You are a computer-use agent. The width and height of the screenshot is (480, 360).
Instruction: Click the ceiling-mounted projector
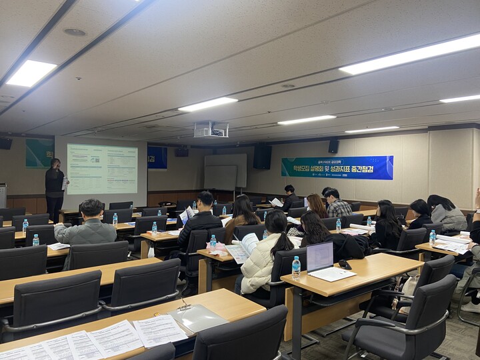coord(211,129)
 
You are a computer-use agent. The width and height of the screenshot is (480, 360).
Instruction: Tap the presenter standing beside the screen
coord(55,188)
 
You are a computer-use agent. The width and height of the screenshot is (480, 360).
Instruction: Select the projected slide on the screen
coord(101,169)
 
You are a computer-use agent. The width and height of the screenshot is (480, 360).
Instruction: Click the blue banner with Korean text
coord(337,167)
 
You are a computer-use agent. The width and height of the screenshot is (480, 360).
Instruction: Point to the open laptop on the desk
coord(320,257)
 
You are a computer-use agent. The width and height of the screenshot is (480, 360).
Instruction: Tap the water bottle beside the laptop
coord(296,267)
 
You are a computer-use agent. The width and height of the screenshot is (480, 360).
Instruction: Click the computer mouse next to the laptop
coord(345,264)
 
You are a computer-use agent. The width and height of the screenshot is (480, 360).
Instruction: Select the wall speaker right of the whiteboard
coord(262,157)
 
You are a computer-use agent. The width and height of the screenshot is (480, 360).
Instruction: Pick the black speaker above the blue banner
coord(333,146)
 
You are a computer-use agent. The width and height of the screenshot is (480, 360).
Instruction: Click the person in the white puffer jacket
coord(263,257)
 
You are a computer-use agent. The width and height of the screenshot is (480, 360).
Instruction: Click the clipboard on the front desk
coord(197,318)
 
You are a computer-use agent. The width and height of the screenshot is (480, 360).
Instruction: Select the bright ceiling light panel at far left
coord(31,73)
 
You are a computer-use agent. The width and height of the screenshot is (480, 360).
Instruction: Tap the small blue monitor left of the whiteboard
coord(157,157)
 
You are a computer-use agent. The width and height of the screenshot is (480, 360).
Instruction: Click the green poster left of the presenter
coord(39,153)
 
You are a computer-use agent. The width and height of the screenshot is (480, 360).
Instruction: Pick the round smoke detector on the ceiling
coord(74,31)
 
